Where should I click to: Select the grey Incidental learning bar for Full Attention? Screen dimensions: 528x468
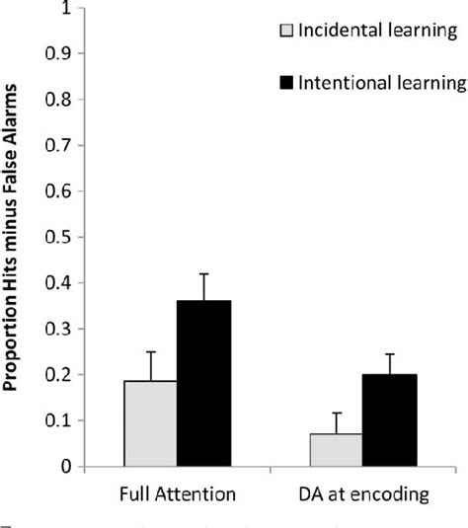[x=150, y=423]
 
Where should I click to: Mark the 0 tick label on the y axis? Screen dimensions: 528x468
[x=65, y=466]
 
